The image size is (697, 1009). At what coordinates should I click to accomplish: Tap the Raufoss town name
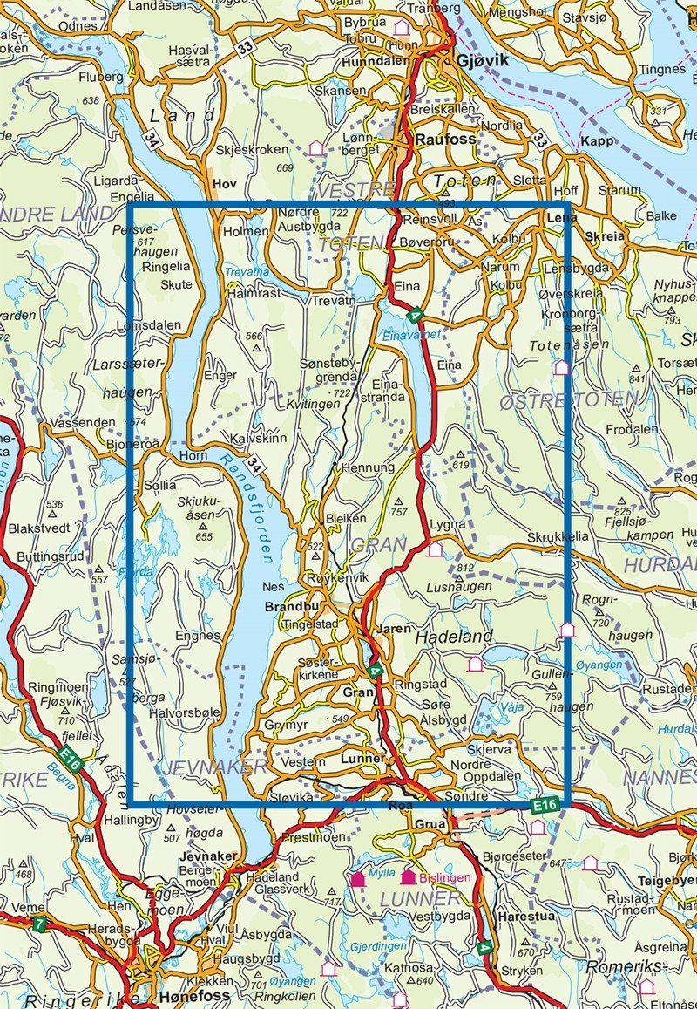(441, 138)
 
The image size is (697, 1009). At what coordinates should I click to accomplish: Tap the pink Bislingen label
(445, 877)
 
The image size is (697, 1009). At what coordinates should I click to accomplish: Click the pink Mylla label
(383, 872)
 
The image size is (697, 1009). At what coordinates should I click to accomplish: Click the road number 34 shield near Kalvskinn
(255, 465)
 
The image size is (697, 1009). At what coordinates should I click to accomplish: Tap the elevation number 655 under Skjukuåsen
(204, 537)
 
